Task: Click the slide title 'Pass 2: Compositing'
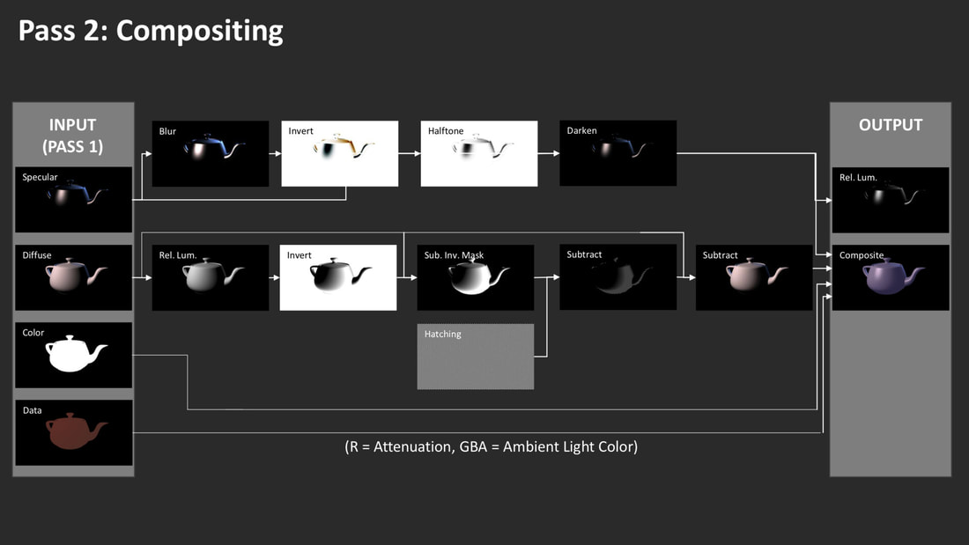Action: pyautogui.click(x=151, y=32)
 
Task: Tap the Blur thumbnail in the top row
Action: pyautogui.click(x=211, y=153)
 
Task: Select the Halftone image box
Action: pyautogui.click(x=479, y=153)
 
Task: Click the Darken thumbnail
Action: pyautogui.click(x=618, y=153)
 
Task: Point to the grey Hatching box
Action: pyautogui.click(x=475, y=357)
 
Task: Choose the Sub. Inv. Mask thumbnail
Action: pyautogui.click(x=475, y=277)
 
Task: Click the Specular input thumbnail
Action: pyautogui.click(x=73, y=200)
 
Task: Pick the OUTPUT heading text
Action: pyautogui.click(x=891, y=125)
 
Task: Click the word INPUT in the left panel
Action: pyautogui.click(x=72, y=125)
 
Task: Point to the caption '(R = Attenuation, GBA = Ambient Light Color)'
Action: pyautogui.click(x=492, y=446)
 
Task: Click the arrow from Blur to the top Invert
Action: pyautogui.click(x=275, y=153)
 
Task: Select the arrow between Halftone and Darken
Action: pyautogui.click(x=549, y=153)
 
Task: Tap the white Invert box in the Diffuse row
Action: pyautogui.click(x=338, y=277)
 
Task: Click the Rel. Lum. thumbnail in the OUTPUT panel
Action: pyautogui.click(x=891, y=200)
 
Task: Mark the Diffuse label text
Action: pyautogui.click(x=37, y=255)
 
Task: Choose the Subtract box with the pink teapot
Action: pyautogui.click(x=754, y=277)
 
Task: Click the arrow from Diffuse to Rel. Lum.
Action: pyautogui.click(x=142, y=277)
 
